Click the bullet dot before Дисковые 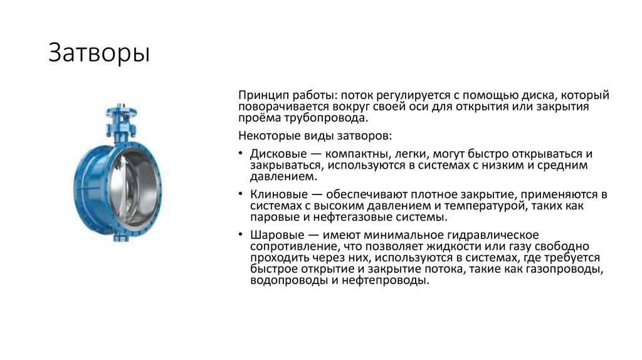pos(242,154)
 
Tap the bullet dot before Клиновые pos(242,195)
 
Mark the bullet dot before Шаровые pos(242,235)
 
